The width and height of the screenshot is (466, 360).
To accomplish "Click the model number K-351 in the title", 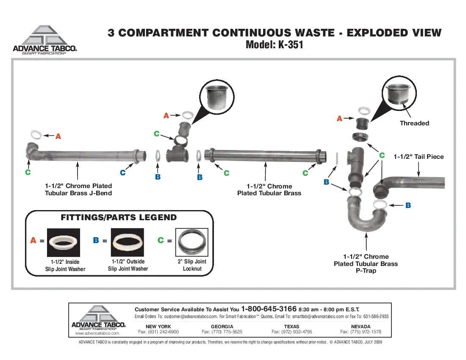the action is point(291,45).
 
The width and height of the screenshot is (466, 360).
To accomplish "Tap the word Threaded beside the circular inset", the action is point(414,123).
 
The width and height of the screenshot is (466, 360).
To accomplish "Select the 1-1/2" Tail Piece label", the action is point(419,157).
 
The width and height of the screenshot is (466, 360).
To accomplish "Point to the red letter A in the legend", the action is point(33,240).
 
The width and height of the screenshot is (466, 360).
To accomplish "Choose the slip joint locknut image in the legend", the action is point(191,242).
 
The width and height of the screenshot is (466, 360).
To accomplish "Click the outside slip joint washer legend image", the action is point(127,242).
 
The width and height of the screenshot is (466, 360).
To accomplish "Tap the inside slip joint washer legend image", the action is point(63,242).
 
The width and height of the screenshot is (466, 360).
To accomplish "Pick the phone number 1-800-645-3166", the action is point(269,309).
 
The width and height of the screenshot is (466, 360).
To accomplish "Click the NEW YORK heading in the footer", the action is point(158,327).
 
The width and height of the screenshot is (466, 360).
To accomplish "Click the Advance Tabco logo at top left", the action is point(45,40).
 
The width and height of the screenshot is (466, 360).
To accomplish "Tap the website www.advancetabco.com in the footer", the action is point(97,333).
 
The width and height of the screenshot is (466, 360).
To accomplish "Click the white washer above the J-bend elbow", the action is point(36,135).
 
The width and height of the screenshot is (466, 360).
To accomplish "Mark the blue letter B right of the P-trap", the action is point(408,205).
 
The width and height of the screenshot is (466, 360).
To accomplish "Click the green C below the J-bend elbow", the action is point(28,172).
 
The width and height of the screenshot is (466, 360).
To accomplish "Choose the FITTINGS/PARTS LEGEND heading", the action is point(119,217).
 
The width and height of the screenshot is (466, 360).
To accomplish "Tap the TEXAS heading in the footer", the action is point(291,327).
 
